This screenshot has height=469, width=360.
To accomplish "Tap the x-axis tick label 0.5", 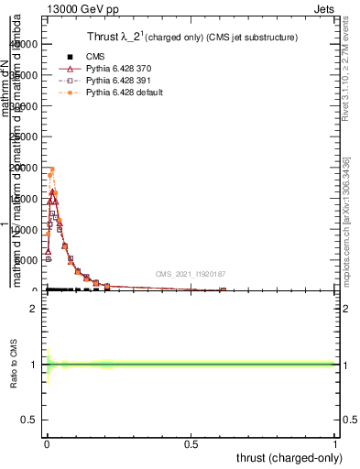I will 191,446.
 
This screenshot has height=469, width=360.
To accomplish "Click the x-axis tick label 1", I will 335,446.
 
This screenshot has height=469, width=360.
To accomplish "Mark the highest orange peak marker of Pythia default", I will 52,169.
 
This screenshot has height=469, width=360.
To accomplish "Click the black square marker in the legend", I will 70,57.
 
